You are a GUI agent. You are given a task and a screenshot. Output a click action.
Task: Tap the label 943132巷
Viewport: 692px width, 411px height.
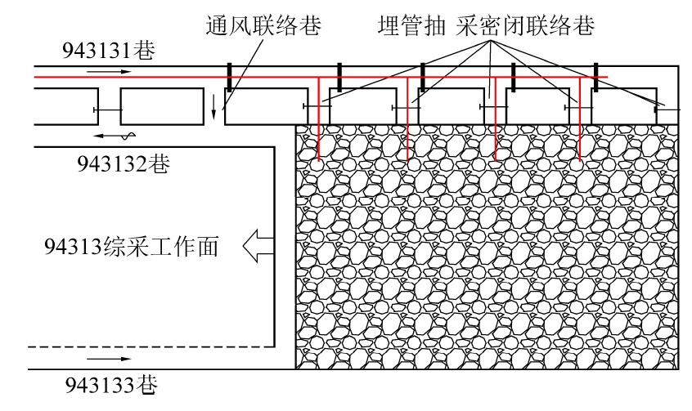click(124, 163)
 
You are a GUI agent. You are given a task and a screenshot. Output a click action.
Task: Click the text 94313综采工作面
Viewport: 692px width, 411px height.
click(132, 244)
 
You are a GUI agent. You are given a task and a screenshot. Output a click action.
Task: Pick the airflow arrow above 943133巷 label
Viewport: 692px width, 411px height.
click(107, 359)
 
